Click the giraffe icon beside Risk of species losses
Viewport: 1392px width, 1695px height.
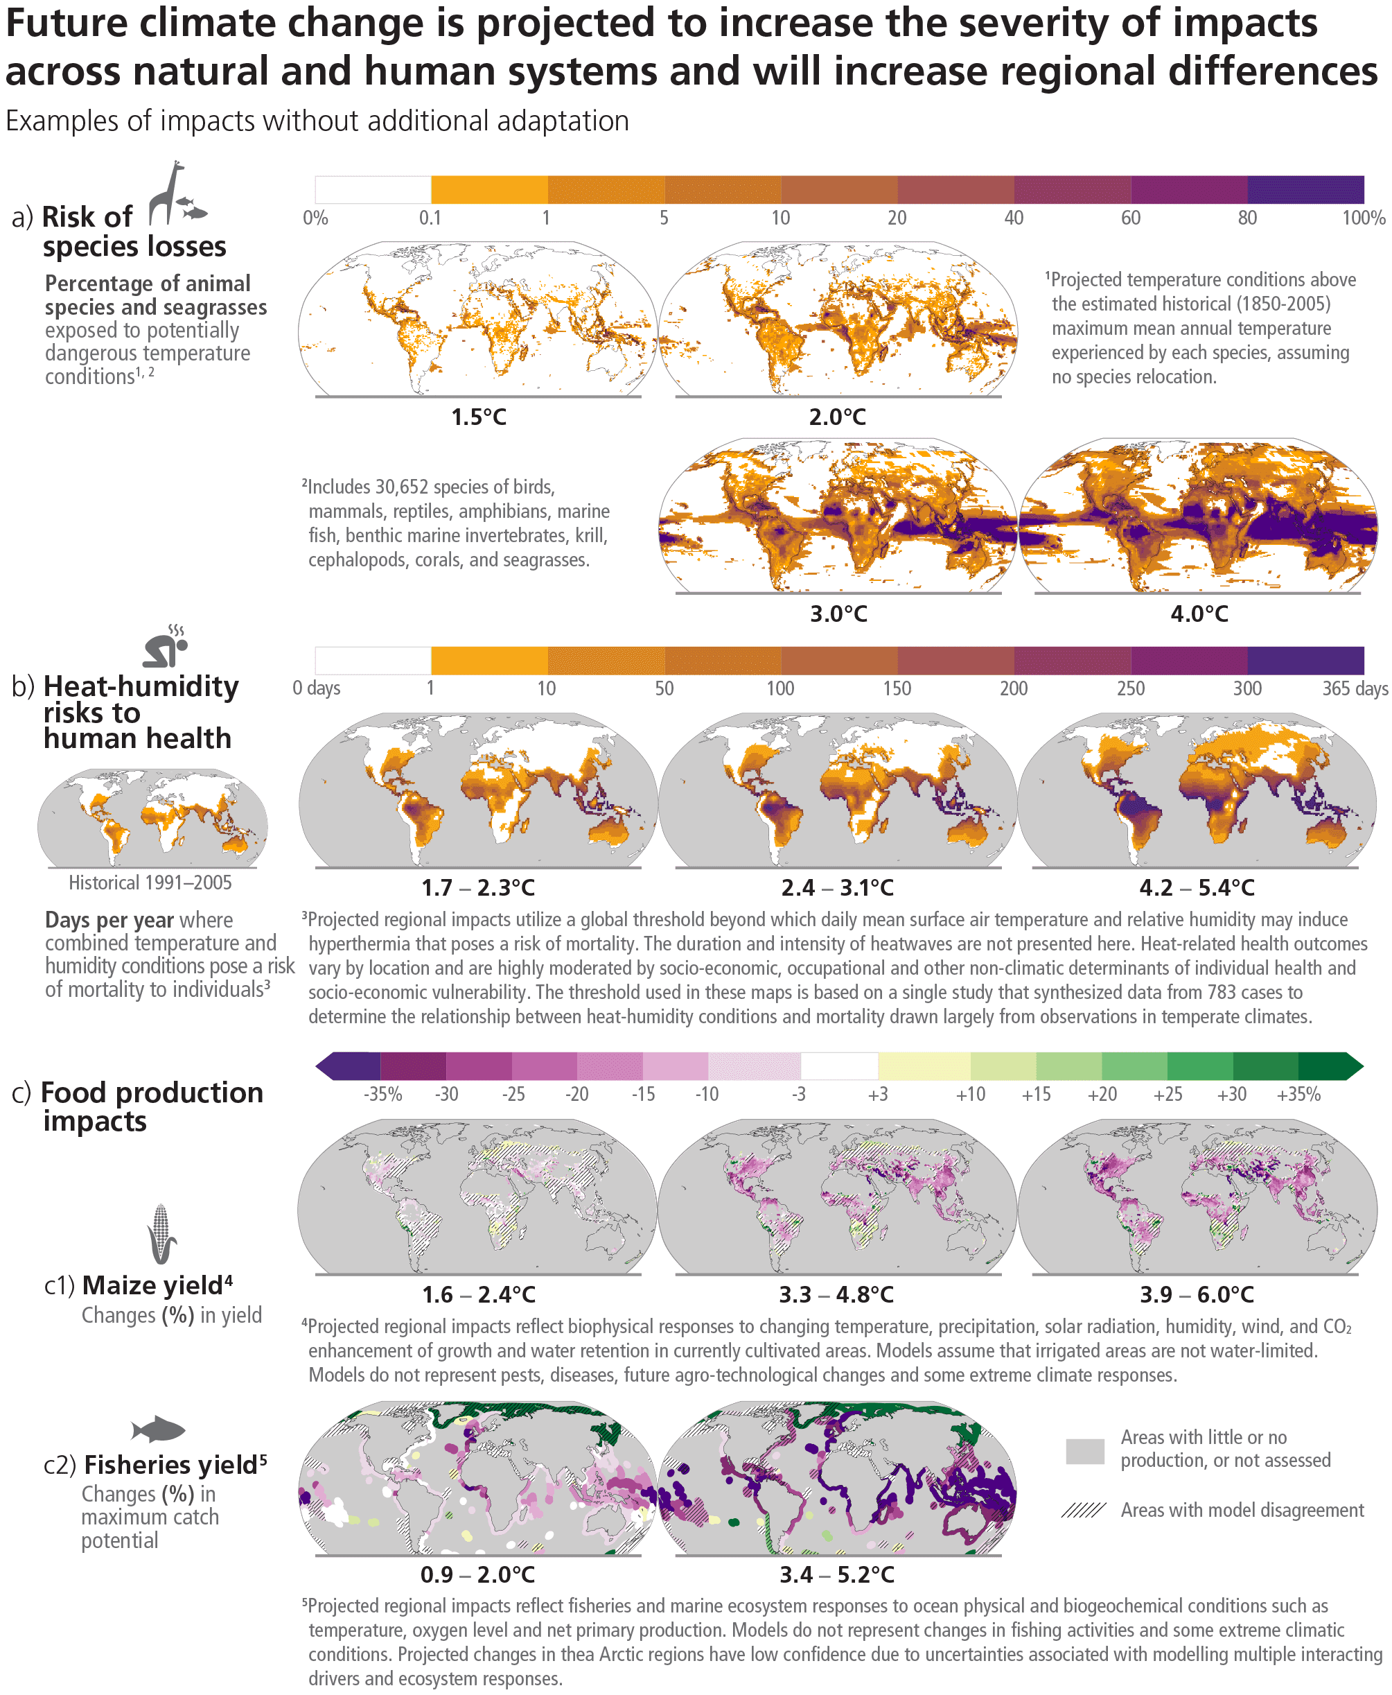[168, 193]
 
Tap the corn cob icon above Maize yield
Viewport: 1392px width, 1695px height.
[162, 1234]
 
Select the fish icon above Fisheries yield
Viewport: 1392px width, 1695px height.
[158, 1429]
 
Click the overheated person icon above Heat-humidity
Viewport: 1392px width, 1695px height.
[165, 647]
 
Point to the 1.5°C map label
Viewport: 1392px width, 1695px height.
[479, 417]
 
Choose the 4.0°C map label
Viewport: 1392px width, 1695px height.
[1199, 614]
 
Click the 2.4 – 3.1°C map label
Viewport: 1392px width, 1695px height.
[837, 888]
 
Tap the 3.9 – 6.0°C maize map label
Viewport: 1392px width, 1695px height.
[1197, 1295]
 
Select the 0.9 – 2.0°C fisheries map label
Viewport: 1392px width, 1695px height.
[477, 1574]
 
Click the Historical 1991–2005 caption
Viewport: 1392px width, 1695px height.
[150, 883]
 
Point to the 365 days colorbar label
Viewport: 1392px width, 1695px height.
[1355, 688]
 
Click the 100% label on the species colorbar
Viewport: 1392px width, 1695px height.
[1363, 218]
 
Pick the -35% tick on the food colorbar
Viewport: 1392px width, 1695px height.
[382, 1094]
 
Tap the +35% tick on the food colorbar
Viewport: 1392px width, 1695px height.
[1298, 1094]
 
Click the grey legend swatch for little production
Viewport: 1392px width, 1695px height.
[1085, 1451]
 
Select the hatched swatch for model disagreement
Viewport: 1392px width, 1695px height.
[1083, 1511]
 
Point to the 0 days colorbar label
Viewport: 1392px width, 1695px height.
[316, 688]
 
